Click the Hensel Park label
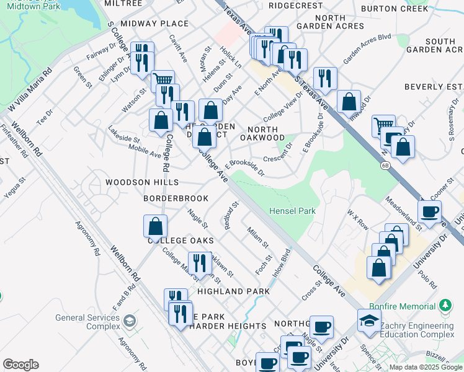click(292, 211)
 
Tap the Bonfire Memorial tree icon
click(445, 306)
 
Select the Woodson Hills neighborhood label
click(141, 182)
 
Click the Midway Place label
click(154, 24)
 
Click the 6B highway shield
click(385, 166)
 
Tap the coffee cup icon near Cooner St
click(430, 213)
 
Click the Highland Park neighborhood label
click(233, 291)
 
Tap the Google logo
click(20, 365)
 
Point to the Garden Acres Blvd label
click(368, 48)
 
